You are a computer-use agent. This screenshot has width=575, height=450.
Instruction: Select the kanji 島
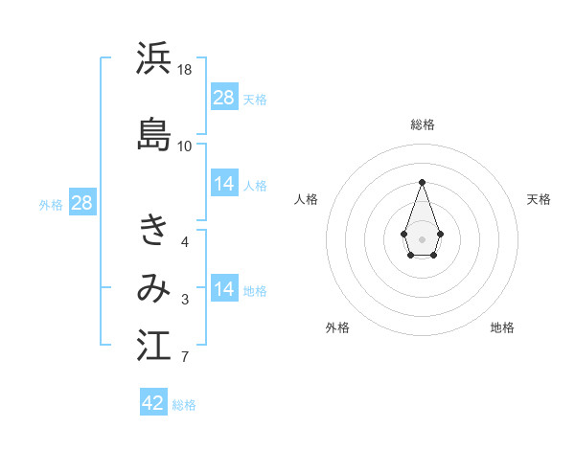pos(153,134)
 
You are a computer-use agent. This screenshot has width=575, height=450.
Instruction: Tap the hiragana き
pos(153,230)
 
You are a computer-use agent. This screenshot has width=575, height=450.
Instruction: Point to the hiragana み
pos(153,288)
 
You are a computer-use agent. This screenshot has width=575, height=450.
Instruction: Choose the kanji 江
pos(153,346)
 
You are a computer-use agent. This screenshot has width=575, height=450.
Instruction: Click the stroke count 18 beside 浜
pos(185,70)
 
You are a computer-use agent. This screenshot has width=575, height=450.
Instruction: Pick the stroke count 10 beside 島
pos(185,146)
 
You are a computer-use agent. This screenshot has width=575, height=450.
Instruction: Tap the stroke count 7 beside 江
pos(185,358)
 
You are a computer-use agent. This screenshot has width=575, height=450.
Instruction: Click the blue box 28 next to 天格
pos(224,98)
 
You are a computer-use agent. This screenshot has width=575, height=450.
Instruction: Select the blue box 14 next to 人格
pos(224,185)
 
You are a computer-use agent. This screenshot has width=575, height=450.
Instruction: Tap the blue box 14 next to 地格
pos(224,290)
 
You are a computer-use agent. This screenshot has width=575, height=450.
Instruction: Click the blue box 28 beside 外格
pos(81,203)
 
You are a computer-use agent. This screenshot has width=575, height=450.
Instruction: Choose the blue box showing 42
pos(153,403)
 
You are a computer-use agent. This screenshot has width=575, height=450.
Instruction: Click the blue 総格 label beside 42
pos(184,405)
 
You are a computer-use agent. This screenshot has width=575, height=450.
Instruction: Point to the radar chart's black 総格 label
pos(422,124)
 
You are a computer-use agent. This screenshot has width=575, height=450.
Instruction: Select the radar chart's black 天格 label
pos(539,199)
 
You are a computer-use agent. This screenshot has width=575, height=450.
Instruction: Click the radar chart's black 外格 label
pos(337,327)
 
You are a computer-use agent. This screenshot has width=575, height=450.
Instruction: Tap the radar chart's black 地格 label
pos(502,327)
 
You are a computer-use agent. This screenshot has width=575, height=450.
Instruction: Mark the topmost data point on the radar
pos(422,181)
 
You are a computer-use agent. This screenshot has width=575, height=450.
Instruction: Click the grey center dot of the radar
pos(422,237)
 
